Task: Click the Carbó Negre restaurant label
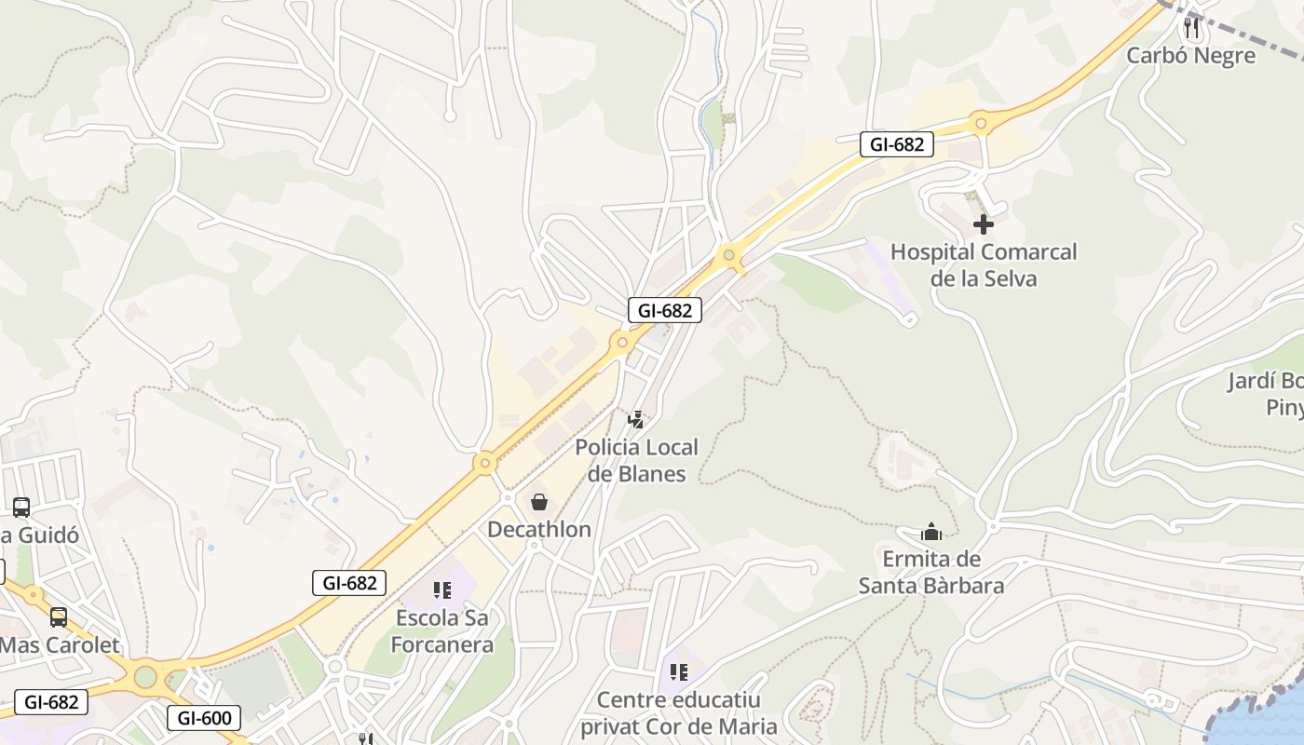(x=1190, y=56)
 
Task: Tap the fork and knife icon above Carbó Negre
(x=1190, y=28)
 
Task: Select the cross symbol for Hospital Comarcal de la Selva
(x=984, y=224)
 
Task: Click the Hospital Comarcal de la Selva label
(x=984, y=265)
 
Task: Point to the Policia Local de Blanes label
(x=636, y=460)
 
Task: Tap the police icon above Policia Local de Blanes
(x=636, y=420)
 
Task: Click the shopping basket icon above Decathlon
(x=539, y=503)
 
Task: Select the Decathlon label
(x=539, y=530)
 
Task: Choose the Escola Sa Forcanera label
(x=441, y=630)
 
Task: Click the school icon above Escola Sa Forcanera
(x=441, y=590)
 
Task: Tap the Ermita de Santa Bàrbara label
(x=931, y=573)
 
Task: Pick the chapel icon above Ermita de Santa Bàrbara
(x=931, y=533)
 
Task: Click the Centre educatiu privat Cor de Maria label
(x=679, y=713)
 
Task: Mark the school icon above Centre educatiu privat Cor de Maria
(x=679, y=671)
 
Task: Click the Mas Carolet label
(x=60, y=644)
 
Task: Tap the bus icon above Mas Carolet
(x=59, y=616)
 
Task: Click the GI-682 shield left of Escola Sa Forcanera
(x=349, y=583)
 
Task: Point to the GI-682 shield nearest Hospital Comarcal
(x=896, y=144)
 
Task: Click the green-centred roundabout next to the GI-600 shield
(x=145, y=677)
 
